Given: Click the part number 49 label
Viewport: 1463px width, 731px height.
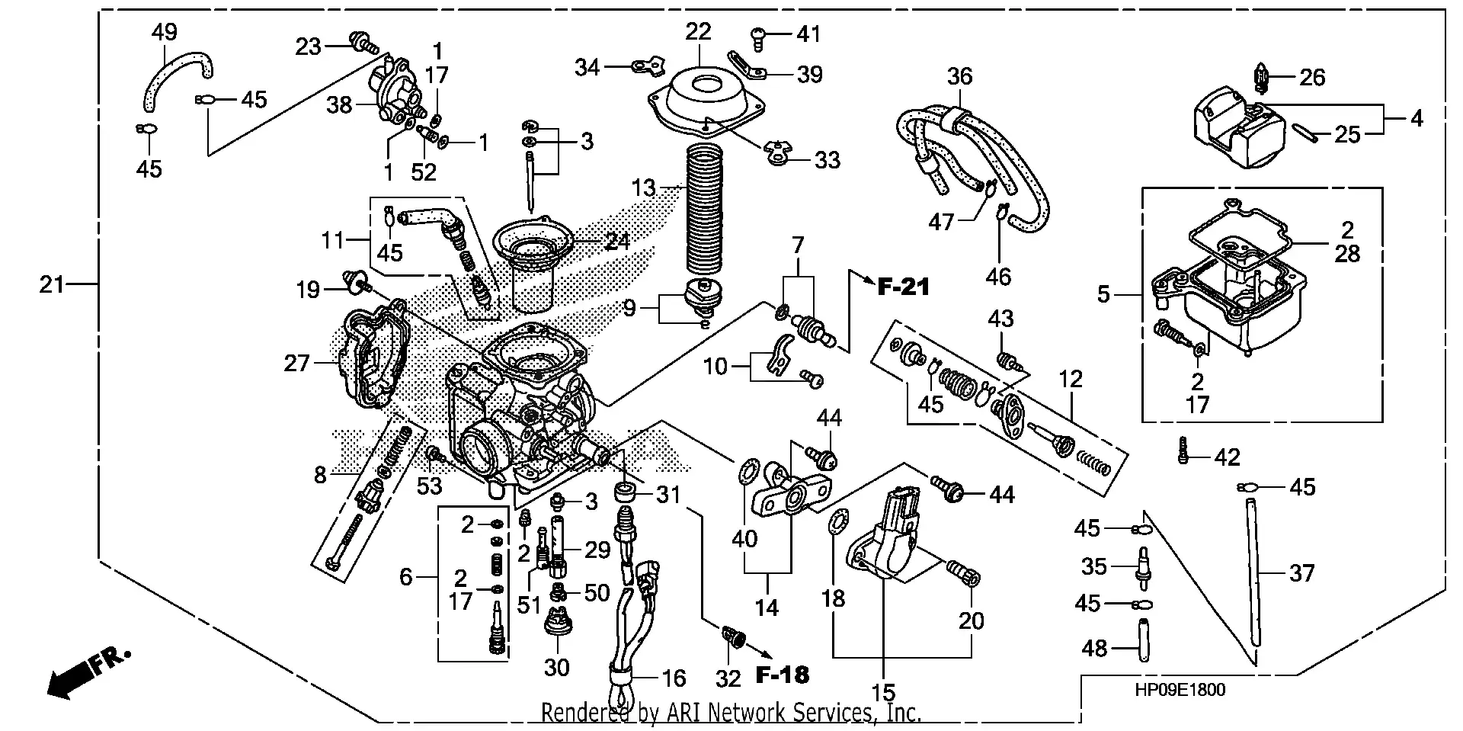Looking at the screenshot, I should [x=165, y=32].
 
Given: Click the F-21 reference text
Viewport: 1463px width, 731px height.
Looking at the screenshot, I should [x=904, y=287].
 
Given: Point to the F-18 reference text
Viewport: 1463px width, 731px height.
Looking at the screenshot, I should [x=783, y=675].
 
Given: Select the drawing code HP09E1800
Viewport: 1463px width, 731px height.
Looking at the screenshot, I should [x=1180, y=691].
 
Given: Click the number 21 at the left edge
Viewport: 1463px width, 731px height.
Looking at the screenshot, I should [x=52, y=285].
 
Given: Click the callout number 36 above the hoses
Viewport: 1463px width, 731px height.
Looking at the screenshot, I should [x=960, y=76].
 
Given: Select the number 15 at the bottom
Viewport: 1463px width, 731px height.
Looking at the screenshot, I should [x=883, y=693].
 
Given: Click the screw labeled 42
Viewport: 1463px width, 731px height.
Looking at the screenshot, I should [x=1182, y=450].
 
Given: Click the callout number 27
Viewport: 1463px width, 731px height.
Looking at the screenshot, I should [x=296, y=364].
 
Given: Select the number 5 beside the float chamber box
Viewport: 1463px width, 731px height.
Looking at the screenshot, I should [x=1103, y=294].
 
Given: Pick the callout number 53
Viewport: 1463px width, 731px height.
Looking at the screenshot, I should [x=430, y=486].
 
